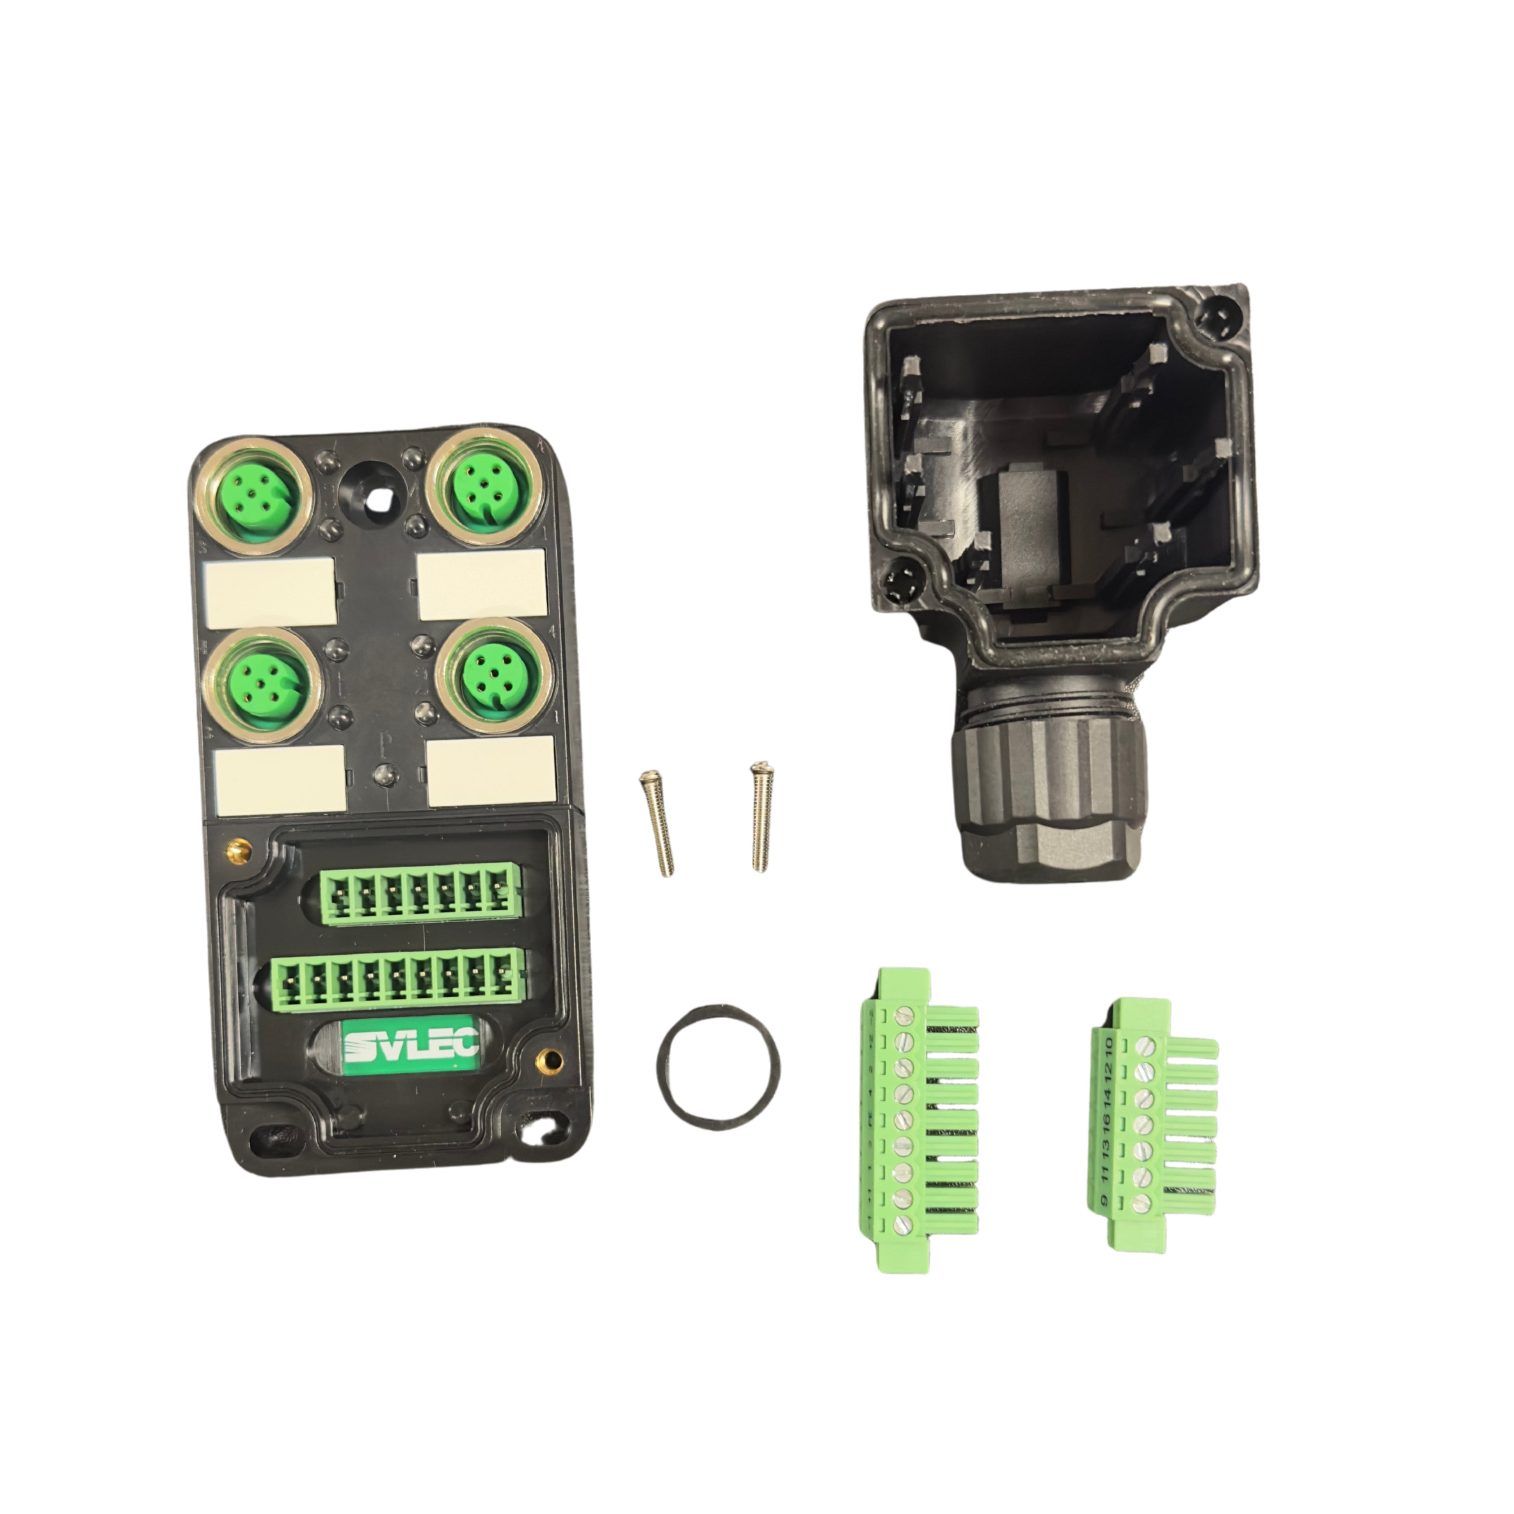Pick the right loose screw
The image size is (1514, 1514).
(759, 816)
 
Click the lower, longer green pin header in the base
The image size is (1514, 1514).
(398, 980)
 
